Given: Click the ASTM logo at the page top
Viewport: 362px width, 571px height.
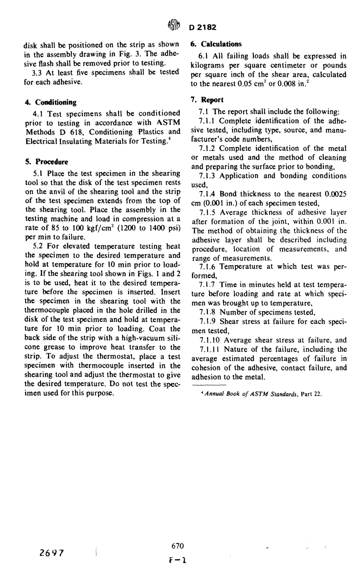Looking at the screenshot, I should coord(174,27).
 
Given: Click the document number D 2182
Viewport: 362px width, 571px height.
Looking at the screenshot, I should coord(202,27).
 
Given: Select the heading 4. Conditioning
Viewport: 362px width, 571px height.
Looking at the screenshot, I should coord(51,102).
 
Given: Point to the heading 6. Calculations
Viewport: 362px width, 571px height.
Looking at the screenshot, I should coord(216,44).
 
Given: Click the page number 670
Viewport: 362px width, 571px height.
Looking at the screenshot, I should coord(178,546).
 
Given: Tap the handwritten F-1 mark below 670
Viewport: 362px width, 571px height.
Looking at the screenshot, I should coord(178,561).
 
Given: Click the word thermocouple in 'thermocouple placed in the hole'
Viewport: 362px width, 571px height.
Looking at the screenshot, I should coord(46,310).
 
